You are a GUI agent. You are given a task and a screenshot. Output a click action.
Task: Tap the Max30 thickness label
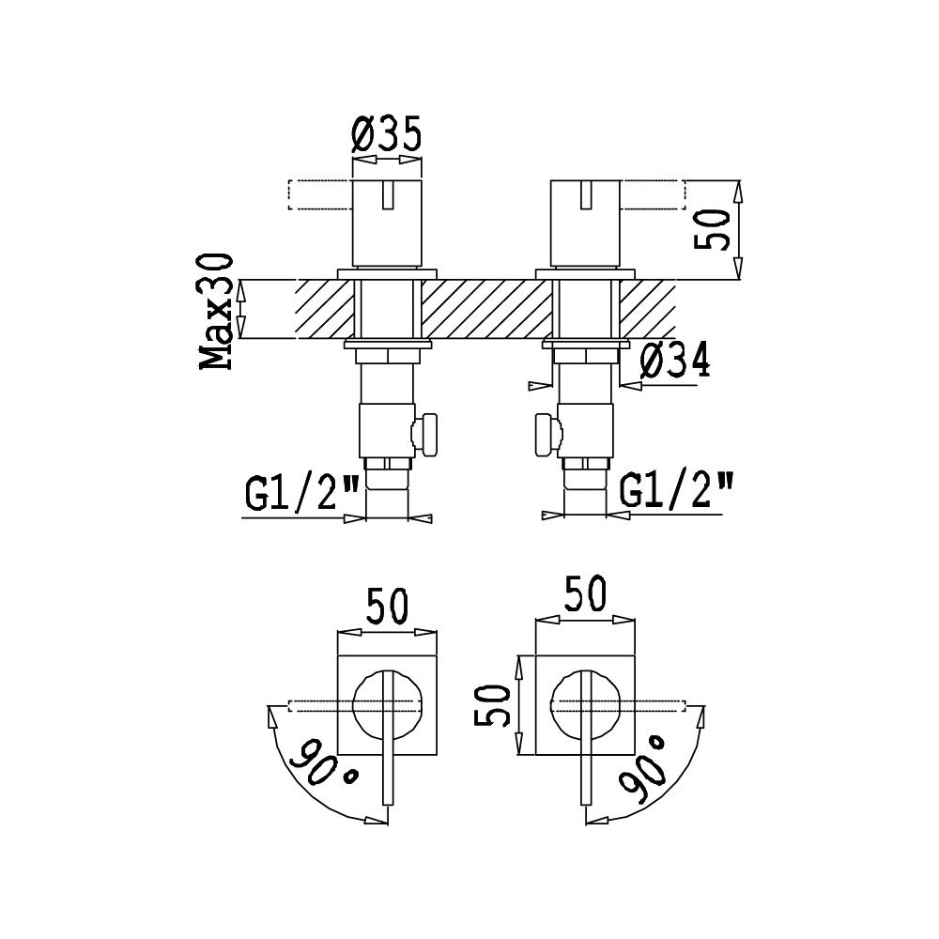(216, 312)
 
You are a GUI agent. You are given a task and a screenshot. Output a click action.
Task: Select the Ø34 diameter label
(675, 361)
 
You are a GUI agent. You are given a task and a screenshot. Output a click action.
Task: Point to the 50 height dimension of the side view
(712, 229)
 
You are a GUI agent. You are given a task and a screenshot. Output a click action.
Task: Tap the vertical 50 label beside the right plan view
(492, 705)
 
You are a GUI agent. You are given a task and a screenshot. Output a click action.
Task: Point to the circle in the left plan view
(354, 705)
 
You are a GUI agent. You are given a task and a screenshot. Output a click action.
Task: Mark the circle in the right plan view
(552, 705)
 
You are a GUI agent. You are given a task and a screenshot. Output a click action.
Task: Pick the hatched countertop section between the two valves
(486, 309)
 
